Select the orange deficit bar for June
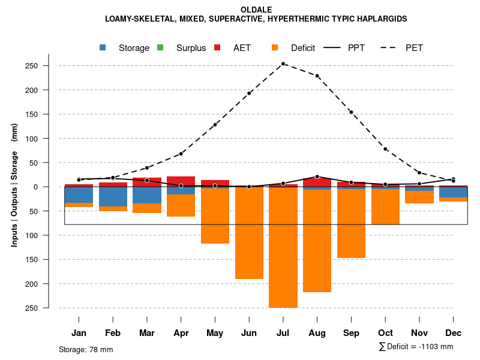[x=249, y=234]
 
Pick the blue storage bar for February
[x=113, y=197]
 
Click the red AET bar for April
[x=181, y=181]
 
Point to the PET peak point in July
[x=283, y=64]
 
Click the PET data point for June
[x=249, y=93]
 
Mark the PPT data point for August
[x=317, y=176]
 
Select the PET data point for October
[x=385, y=149]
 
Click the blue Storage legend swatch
[x=103, y=47]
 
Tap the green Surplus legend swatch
[x=160, y=47]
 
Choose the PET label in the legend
[x=414, y=48]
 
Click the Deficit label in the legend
[x=303, y=48]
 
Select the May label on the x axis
[x=215, y=333]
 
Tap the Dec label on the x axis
[x=453, y=333]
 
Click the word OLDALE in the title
[x=256, y=10]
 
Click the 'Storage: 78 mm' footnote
[x=86, y=349]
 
